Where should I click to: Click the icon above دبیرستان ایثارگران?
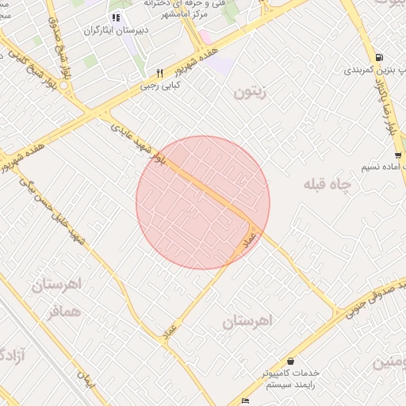pos(116,17)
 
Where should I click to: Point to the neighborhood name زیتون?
pos(251,92)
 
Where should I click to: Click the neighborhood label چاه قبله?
pos(326,184)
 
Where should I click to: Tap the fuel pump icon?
pos(379,57)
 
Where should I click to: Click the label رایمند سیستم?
pos(290,383)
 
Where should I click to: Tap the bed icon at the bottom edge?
pos(245,400)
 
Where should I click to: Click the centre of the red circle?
pos(203,202)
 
